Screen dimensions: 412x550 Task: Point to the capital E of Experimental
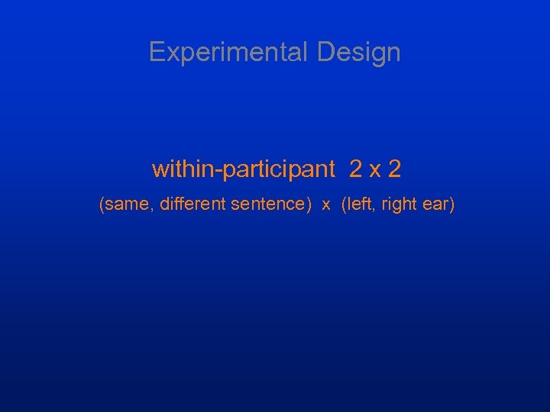click(156, 52)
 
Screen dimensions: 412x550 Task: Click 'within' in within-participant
click(183, 169)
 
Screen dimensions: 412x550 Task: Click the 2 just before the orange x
click(356, 169)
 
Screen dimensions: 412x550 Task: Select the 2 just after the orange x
click(394, 169)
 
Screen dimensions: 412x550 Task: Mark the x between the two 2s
click(375, 171)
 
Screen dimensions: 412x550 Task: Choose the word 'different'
click(193, 204)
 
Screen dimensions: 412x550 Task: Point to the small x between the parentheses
click(326, 206)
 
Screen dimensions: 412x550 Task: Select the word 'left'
click(360, 204)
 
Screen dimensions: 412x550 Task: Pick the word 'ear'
click(438, 205)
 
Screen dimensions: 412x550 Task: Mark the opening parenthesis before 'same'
click(102, 205)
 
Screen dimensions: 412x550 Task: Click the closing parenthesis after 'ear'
click(452, 205)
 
